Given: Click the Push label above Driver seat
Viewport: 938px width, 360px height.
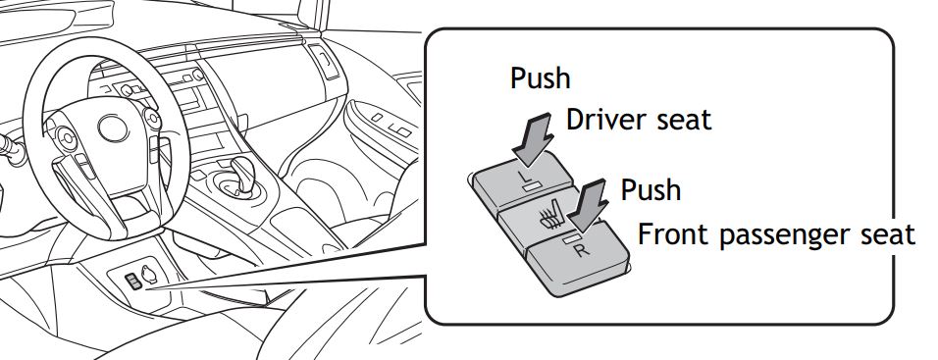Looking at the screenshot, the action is click(540, 77).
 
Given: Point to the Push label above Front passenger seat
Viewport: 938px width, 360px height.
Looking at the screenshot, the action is click(651, 189).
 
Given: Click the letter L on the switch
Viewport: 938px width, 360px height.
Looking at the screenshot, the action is click(522, 176).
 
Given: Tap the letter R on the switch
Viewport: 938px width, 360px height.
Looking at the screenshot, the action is click(582, 249).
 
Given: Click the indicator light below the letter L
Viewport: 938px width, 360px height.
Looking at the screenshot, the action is click(531, 186).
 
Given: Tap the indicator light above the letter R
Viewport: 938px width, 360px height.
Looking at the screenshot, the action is click(572, 239).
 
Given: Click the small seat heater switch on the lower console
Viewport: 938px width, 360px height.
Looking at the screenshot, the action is click(132, 282).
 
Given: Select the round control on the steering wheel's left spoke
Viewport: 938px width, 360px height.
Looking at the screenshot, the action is click(64, 137).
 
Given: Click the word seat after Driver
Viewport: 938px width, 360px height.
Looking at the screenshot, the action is click(680, 122).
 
